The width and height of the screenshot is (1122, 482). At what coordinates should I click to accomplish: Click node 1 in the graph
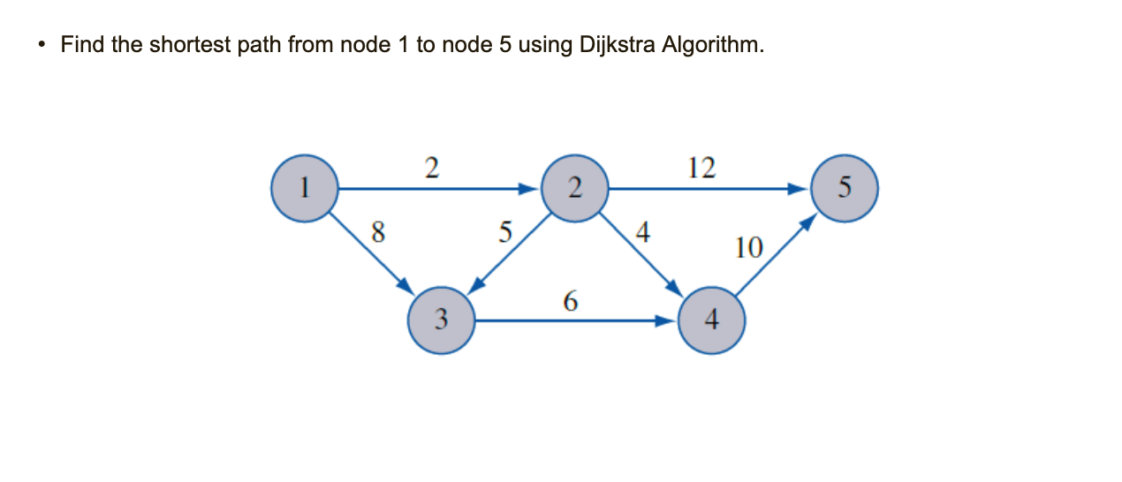304,187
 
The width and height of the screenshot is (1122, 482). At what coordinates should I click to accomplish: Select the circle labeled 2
574,187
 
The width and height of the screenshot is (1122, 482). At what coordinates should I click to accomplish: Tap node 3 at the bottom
442,320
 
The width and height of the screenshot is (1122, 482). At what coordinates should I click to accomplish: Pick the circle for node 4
712,320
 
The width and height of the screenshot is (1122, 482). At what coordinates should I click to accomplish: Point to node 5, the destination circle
845,187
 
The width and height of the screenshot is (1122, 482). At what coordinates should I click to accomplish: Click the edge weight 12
701,167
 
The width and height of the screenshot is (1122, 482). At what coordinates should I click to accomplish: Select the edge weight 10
747,248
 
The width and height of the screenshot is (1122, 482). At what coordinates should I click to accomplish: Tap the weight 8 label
378,232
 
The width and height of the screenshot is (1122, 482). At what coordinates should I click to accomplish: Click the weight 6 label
570,302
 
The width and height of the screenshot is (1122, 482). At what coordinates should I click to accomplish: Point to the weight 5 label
504,232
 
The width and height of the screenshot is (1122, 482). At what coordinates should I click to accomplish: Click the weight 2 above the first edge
431,167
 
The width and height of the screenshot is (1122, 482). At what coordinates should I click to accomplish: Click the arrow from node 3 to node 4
574,321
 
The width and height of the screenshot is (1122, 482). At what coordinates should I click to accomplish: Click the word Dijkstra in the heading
618,44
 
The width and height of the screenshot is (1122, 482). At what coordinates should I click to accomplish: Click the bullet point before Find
41,45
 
